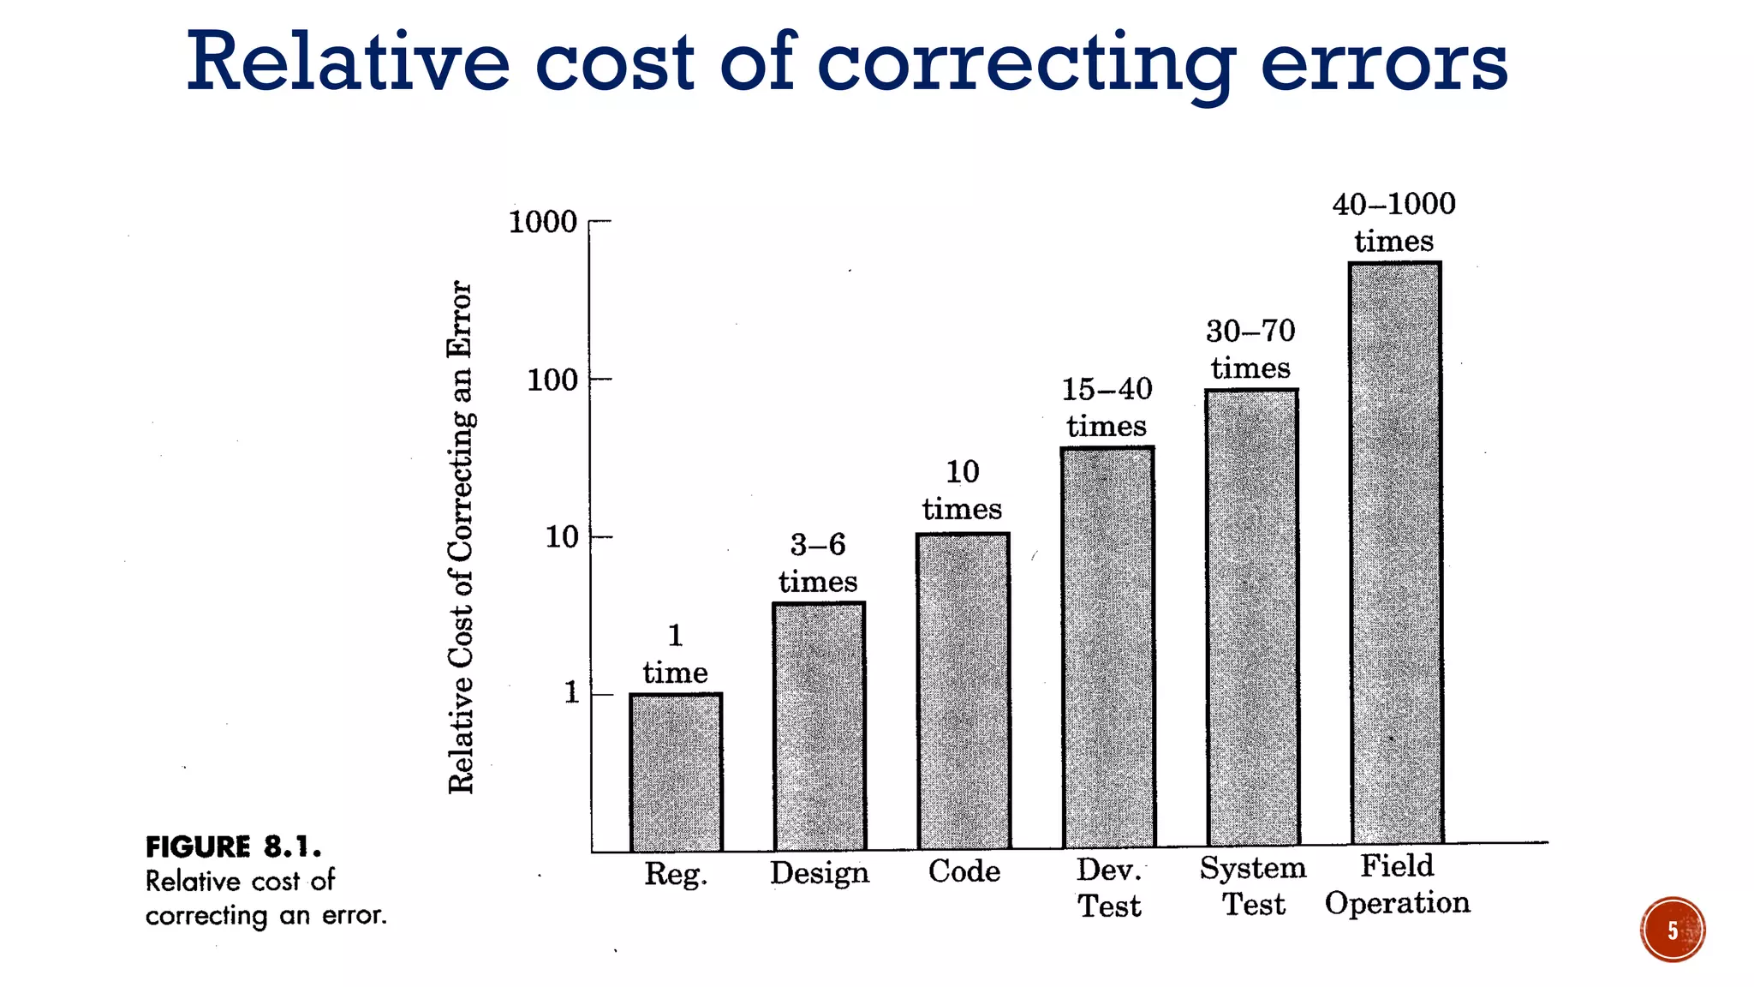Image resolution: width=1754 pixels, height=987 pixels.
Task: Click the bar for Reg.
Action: [x=676, y=772]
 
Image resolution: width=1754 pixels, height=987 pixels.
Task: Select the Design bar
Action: [x=819, y=727]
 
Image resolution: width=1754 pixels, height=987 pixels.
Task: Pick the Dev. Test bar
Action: [x=1107, y=648]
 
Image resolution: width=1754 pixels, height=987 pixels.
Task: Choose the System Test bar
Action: [x=1251, y=617]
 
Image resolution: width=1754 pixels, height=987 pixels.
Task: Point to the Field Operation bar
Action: [x=1395, y=553]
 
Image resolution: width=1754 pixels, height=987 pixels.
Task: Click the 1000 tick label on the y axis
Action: [x=543, y=222]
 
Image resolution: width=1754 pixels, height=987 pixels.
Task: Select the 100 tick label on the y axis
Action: [x=552, y=380]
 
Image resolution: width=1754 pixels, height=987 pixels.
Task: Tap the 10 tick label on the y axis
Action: [x=562, y=537]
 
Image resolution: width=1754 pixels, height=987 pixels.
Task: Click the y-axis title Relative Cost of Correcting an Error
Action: [x=461, y=536]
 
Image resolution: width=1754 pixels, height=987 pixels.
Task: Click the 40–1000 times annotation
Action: [x=1393, y=222]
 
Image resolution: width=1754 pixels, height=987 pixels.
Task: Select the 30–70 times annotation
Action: [x=1250, y=349]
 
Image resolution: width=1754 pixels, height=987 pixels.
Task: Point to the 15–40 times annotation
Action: [x=1107, y=407]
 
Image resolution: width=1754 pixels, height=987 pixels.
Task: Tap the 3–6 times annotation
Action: [x=818, y=562]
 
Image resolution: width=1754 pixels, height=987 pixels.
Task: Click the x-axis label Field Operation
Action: [x=1397, y=883]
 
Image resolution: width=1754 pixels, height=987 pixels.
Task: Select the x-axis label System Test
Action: [x=1252, y=886]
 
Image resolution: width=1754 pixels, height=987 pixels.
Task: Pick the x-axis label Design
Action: [x=819, y=872]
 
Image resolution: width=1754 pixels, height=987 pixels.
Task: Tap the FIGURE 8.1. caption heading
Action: [x=233, y=846]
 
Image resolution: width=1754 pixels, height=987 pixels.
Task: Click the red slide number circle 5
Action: [x=1672, y=930]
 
